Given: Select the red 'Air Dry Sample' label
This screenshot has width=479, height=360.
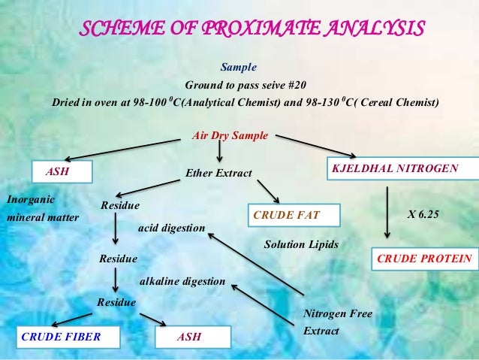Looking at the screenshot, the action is coord(230,136).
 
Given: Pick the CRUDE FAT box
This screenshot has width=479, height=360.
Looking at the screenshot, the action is coord(294,216).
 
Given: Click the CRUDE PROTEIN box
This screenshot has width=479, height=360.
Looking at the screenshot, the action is coord(424,259).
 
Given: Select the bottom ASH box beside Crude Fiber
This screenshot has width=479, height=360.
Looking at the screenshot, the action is coord(191,337).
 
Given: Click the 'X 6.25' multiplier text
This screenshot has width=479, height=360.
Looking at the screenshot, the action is coord(423,214).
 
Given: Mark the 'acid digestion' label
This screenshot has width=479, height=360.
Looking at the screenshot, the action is coord(172,227).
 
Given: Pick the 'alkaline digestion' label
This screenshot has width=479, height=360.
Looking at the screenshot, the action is coord(183,281).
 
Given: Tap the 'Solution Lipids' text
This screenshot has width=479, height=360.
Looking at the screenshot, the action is coord(302,244).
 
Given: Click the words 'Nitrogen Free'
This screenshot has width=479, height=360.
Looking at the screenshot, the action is coord(337,313).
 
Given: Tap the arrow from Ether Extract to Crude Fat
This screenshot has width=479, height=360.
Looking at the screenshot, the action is coord(268,191).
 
